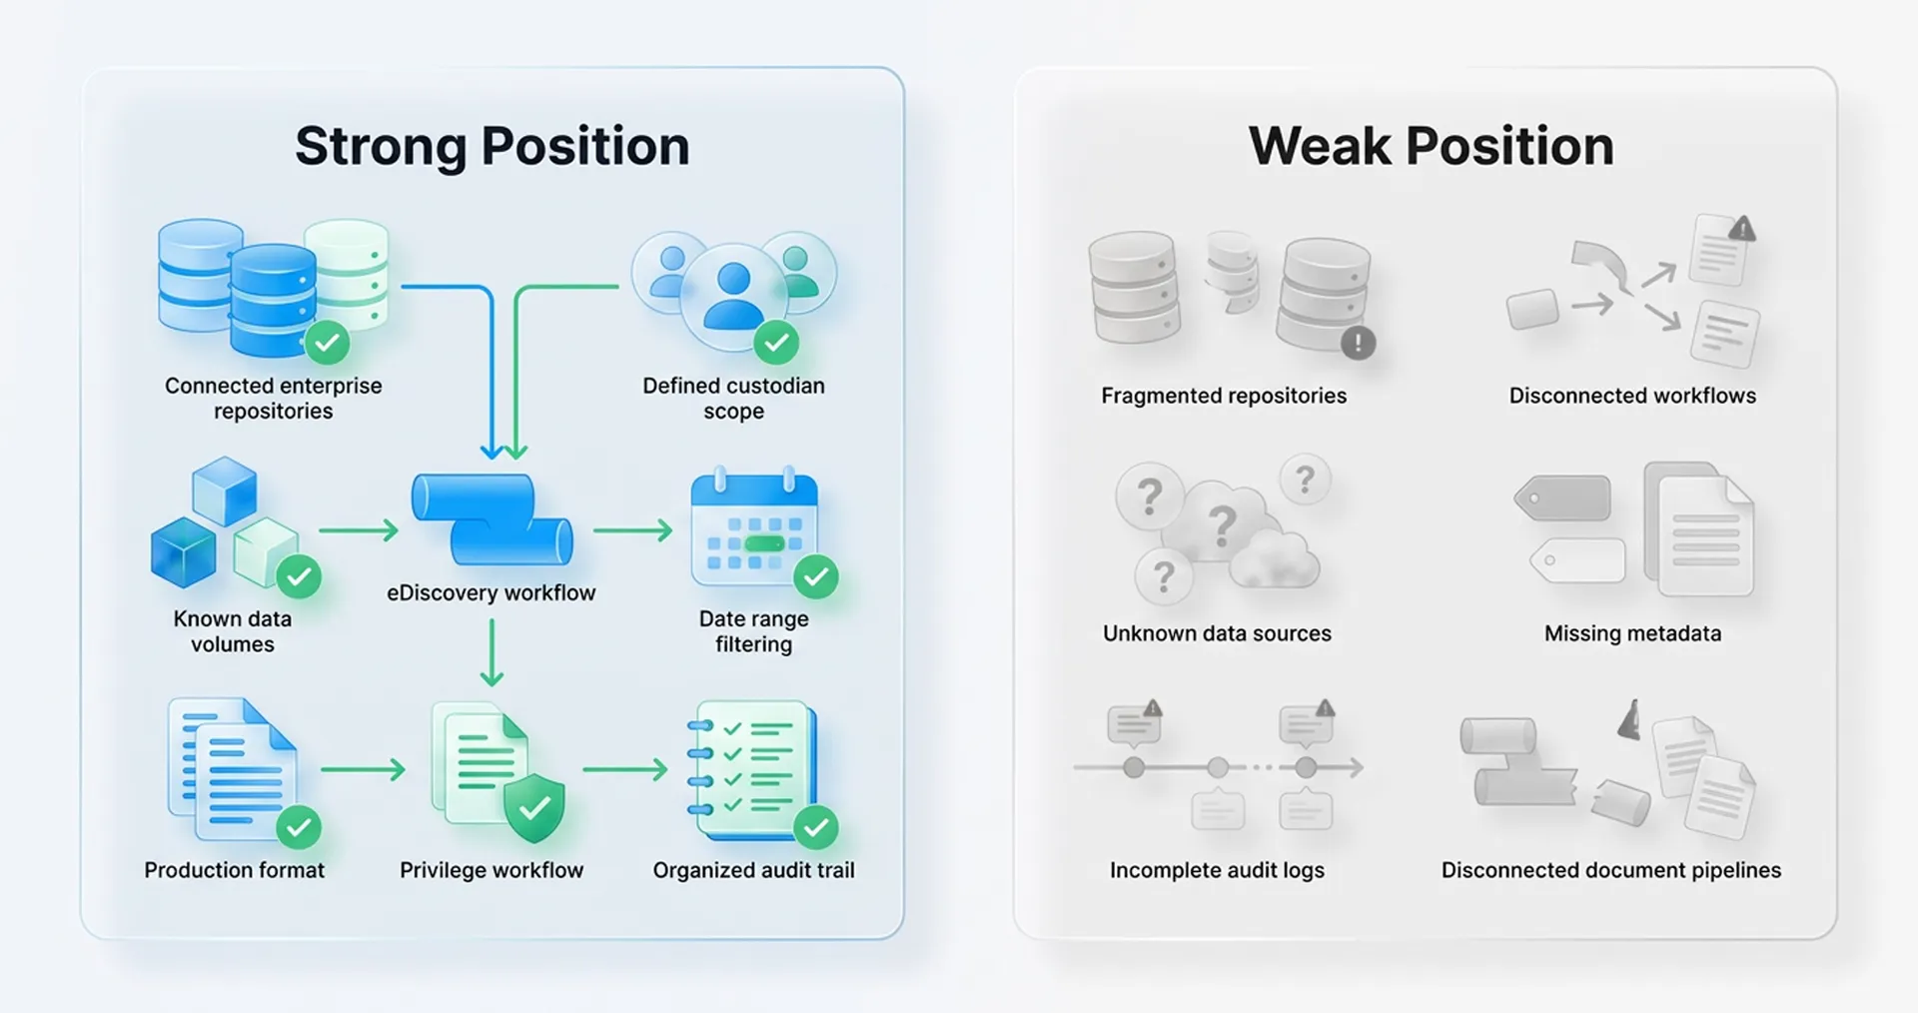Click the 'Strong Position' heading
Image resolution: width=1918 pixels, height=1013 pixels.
tap(491, 147)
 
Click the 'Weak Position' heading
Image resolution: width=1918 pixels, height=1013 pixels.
tap(1431, 147)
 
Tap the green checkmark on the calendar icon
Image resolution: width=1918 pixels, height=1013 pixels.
tap(816, 576)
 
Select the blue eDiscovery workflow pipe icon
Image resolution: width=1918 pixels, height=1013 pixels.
tap(491, 519)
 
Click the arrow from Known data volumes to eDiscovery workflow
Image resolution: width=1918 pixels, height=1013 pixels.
tap(359, 530)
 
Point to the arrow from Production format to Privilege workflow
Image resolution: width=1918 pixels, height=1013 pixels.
tap(363, 769)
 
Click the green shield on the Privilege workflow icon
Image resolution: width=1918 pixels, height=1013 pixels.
tap(534, 807)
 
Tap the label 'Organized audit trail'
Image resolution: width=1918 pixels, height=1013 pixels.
tap(753, 870)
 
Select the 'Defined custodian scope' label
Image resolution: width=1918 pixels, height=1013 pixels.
tap(733, 399)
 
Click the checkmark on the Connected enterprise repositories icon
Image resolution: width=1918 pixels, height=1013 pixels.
tap(328, 343)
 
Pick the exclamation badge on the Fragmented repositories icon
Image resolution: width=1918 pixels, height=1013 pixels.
tap(1358, 343)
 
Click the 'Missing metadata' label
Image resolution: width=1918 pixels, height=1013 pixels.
tap(1632, 633)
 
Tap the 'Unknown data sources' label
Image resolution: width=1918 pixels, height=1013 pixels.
tap(1217, 633)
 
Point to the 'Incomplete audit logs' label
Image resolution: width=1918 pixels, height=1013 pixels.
tap(1217, 870)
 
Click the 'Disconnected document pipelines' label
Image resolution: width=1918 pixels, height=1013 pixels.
tap(1610, 870)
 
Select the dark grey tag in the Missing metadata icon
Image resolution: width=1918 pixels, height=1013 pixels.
tap(1563, 498)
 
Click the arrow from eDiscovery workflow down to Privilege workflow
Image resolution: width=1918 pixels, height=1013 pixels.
tap(491, 652)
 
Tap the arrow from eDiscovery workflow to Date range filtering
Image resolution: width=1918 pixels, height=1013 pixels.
tap(633, 530)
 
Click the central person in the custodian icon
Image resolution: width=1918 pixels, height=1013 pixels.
tap(734, 297)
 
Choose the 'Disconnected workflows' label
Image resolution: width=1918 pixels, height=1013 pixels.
tap(1632, 396)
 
